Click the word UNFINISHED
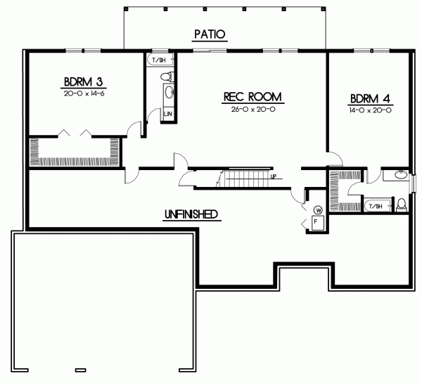click(x=190, y=214)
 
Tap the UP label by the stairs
click(x=274, y=176)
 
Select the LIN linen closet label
click(x=168, y=113)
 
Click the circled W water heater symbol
click(x=318, y=209)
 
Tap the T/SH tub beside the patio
click(x=158, y=61)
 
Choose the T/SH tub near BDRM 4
click(x=375, y=206)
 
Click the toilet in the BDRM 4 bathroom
click(x=402, y=205)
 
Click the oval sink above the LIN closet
click(x=168, y=92)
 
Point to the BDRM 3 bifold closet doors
click(x=75, y=133)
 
